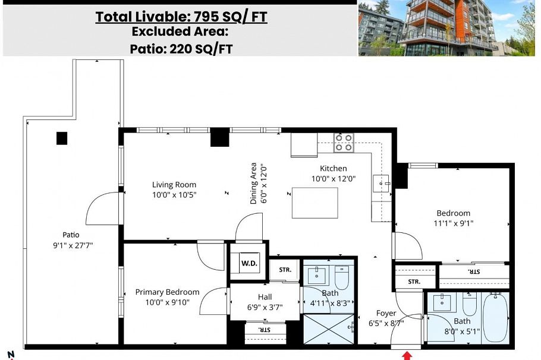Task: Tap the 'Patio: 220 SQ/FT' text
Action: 181,48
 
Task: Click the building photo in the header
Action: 449,28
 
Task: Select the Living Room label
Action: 174,185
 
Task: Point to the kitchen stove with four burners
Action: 343,143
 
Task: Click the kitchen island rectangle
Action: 315,203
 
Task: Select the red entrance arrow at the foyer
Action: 407,355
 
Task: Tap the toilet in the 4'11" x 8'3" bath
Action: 342,277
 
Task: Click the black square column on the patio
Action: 62,138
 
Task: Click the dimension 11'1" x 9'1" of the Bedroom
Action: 453,223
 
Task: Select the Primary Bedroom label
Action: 167,292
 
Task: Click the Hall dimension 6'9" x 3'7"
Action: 265,307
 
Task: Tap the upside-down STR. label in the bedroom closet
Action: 473,271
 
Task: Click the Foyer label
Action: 386,313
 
